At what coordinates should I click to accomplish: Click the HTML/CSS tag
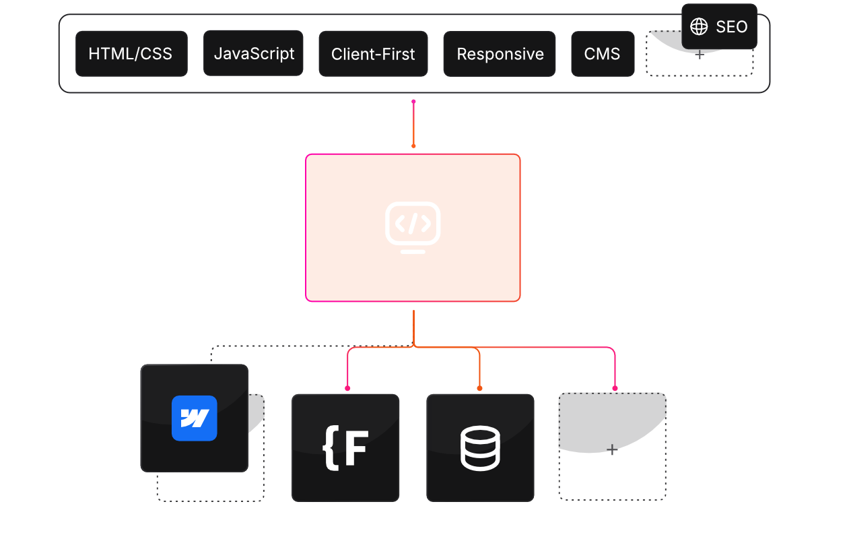(x=131, y=54)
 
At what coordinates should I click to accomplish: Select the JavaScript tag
(x=254, y=53)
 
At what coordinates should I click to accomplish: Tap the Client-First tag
(x=373, y=54)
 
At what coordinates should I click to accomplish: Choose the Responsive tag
(x=500, y=54)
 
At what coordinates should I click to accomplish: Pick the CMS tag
(x=603, y=54)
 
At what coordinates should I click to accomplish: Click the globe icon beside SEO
(x=700, y=27)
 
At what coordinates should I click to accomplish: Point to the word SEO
(x=732, y=27)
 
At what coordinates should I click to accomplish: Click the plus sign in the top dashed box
(x=700, y=55)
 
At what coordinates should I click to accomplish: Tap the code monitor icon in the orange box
(x=413, y=227)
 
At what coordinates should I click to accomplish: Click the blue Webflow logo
(x=195, y=418)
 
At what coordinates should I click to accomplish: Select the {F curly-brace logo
(x=345, y=447)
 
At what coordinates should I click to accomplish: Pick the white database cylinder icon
(x=480, y=447)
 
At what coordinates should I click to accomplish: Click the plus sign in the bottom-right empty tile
(x=612, y=449)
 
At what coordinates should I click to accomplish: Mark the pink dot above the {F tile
(x=347, y=388)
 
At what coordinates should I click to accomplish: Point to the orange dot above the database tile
(x=479, y=388)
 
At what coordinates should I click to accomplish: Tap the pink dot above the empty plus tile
(x=615, y=388)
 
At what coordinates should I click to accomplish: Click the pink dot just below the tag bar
(x=413, y=102)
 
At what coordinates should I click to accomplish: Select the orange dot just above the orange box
(x=413, y=146)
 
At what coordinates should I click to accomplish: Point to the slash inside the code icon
(x=413, y=222)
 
